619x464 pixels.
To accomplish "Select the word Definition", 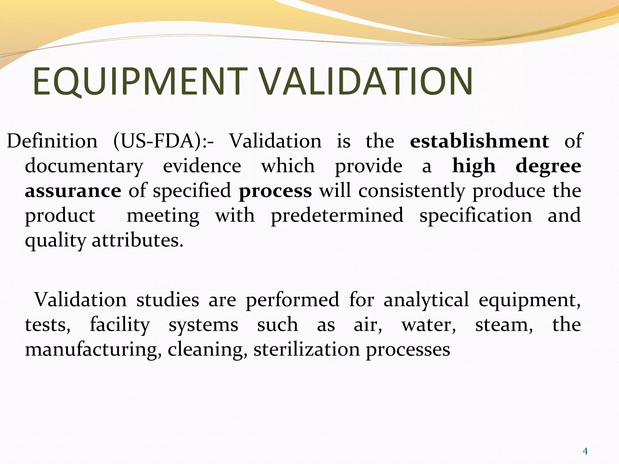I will (52, 141).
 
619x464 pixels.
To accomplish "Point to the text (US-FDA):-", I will (163, 141).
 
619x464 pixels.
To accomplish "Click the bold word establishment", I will (479, 141).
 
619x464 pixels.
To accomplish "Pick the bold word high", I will (474, 166).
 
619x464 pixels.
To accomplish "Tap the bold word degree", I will (548, 166).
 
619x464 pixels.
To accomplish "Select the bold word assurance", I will (73, 191).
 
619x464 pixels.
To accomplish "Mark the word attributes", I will (138, 241).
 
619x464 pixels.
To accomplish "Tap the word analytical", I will (426, 300).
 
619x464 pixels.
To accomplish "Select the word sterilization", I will (306, 350).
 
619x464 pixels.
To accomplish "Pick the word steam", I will (504, 325).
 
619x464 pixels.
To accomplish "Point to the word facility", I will (120, 325).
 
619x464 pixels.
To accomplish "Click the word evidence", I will (202, 166).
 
